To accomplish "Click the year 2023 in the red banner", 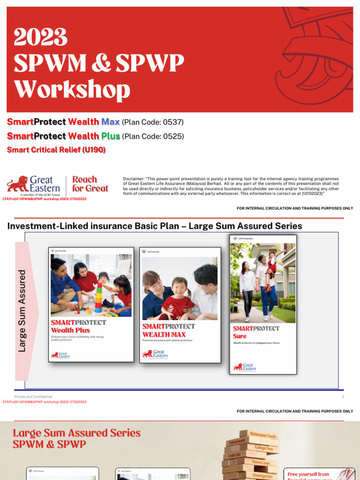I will click(x=41, y=37).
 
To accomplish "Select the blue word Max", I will click(x=111, y=122).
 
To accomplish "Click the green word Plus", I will click(x=111, y=136).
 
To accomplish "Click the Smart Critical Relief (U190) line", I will click(x=56, y=150).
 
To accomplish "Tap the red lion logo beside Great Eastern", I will click(x=17, y=184).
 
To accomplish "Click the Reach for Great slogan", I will click(x=90, y=184).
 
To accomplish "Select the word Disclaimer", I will click(x=133, y=179).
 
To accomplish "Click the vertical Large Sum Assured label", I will click(x=22, y=310).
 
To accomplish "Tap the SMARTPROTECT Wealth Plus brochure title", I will click(x=78, y=326).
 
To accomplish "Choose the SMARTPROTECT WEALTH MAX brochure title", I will click(x=169, y=330).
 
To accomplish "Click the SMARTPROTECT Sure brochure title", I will click(x=255, y=332).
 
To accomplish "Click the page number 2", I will click(x=343, y=397).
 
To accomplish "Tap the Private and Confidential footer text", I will click(x=33, y=397).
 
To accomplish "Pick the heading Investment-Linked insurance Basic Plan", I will click(x=94, y=226).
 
